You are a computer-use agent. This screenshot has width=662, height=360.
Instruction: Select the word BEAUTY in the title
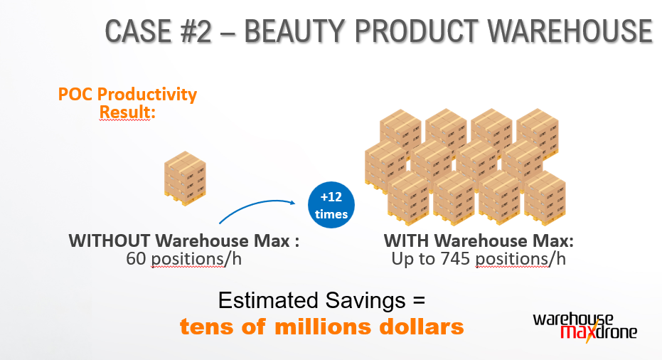pyautogui.click(x=294, y=31)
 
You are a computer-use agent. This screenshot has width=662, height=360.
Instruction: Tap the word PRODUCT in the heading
pyautogui.click(x=416, y=31)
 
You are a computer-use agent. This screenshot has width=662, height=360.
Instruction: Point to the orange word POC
pyautogui.click(x=75, y=94)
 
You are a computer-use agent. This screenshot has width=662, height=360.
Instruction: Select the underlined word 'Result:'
pyautogui.click(x=127, y=112)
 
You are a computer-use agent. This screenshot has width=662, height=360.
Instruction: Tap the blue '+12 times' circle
pyautogui.click(x=331, y=205)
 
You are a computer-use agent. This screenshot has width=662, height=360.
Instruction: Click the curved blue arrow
pyautogui.click(x=255, y=204)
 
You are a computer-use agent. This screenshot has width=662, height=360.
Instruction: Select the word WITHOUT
pyautogui.click(x=110, y=241)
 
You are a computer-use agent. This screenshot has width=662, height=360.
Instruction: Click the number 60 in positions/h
pyautogui.click(x=136, y=258)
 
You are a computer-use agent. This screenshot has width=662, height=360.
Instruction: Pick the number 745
pyautogui.click(x=455, y=258)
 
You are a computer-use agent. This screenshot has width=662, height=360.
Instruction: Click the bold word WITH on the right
pyautogui.click(x=407, y=241)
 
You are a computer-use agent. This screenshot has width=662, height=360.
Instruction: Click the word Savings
pyautogui.click(x=365, y=301)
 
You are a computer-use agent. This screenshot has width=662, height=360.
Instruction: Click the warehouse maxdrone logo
pyautogui.click(x=585, y=327)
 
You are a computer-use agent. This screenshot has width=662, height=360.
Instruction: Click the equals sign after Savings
pyautogui.click(x=418, y=301)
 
